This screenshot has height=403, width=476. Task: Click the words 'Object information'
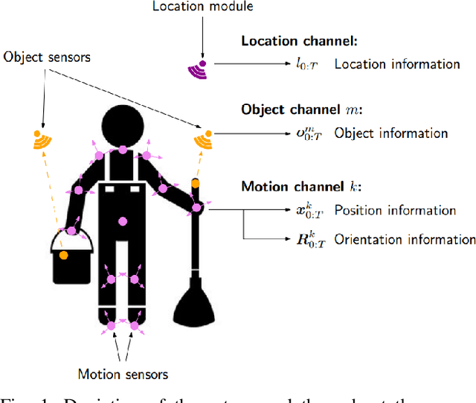(x=390, y=133)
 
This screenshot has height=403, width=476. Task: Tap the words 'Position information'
(x=395, y=210)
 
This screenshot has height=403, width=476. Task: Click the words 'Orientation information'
(x=405, y=239)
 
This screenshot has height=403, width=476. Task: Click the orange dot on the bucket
(x=64, y=256)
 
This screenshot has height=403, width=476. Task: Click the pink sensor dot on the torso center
(x=122, y=220)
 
